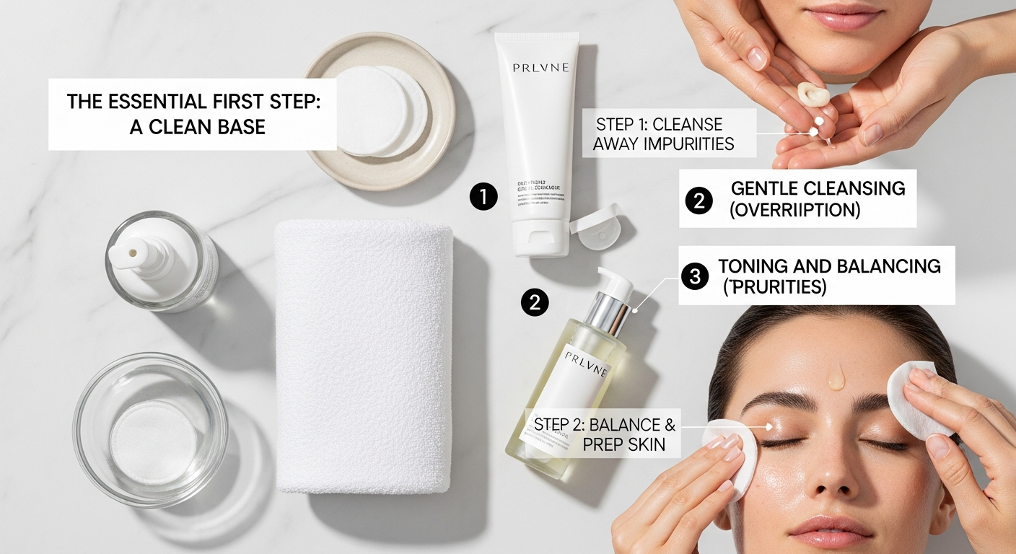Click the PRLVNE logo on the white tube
pos(540,67)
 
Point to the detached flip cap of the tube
pos(596,227)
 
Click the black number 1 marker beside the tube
pos(483,196)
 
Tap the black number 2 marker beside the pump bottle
pos(535,302)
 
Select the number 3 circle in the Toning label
pos(695,276)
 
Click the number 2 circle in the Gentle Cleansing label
pos(698,200)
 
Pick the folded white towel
pos(364,357)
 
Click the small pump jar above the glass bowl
pos(160,260)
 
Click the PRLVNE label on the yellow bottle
pos(587,358)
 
